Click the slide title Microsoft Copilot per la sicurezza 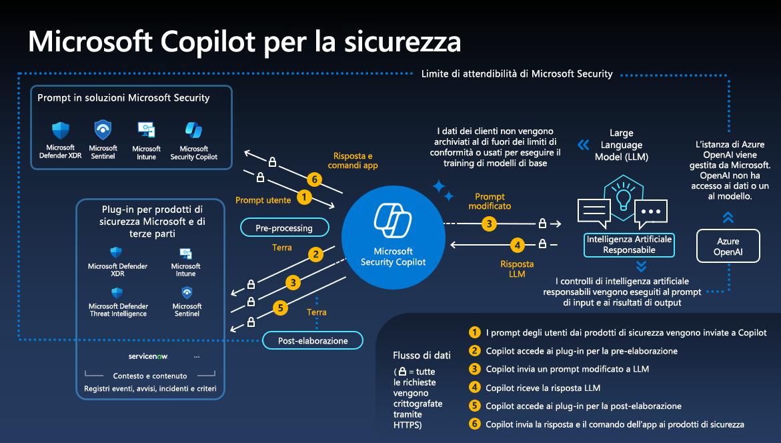tap(244, 41)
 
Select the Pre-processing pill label tap(284, 228)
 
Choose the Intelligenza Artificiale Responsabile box tap(629, 244)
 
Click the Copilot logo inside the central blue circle tap(393, 220)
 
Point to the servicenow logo tap(148, 356)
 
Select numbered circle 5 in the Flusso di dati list tap(475, 406)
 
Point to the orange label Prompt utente tap(263, 199)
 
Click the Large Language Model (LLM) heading tap(621, 145)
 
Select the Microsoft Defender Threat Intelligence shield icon tap(117, 293)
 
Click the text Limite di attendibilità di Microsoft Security tap(517, 73)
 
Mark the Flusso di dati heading tap(422, 355)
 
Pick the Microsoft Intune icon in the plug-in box tap(186, 254)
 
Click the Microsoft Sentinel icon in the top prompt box tap(103, 129)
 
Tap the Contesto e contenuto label tap(150, 376)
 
